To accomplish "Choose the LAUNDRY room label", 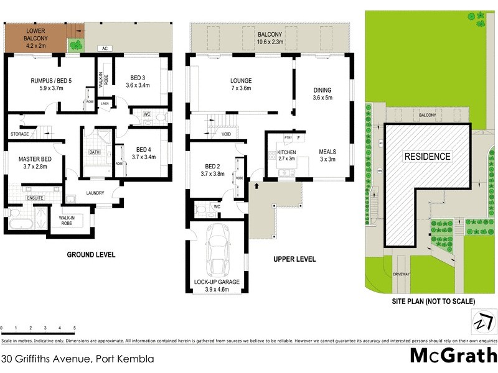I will [x=95, y=193].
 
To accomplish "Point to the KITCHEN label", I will [x=286, y=152].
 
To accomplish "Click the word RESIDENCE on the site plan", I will [x=428, y=156].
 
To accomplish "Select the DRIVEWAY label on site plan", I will [x=402, y=273].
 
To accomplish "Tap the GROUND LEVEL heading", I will [x=92, y=255].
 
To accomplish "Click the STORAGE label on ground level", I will [x=20, y=134].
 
